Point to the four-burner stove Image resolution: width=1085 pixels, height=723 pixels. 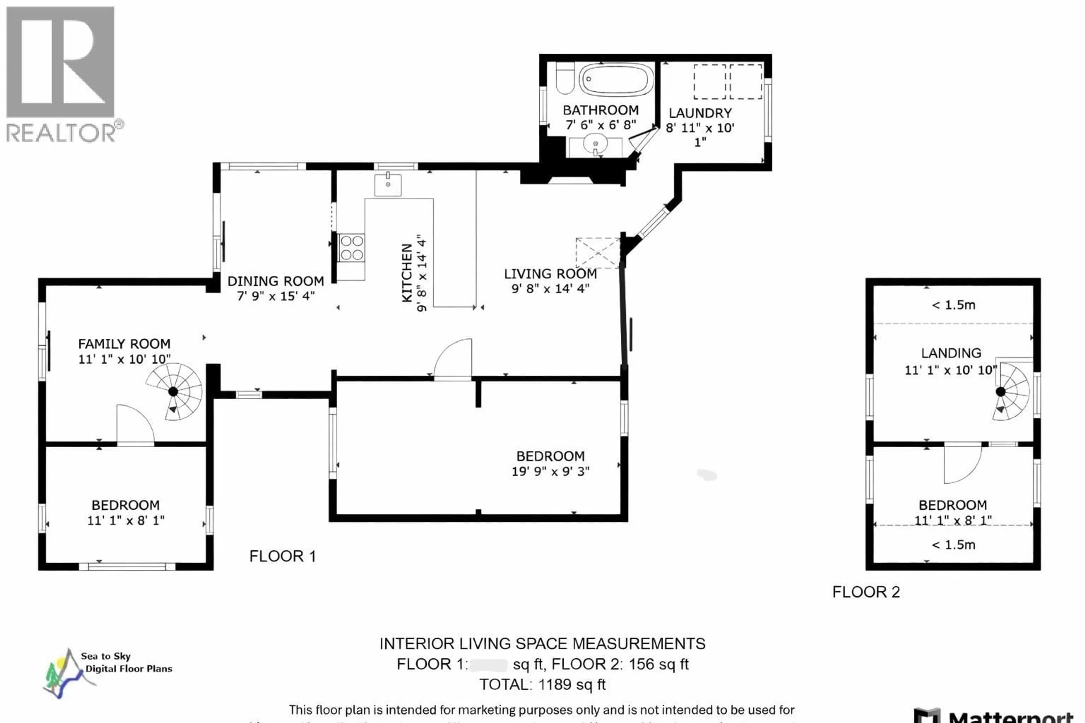(x=351, y=248)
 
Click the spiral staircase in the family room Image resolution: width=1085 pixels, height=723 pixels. (x=174, y=391)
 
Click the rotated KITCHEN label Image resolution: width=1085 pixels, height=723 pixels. (x=407, y=273)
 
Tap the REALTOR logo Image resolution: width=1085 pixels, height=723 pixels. (x=62, y=74)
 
